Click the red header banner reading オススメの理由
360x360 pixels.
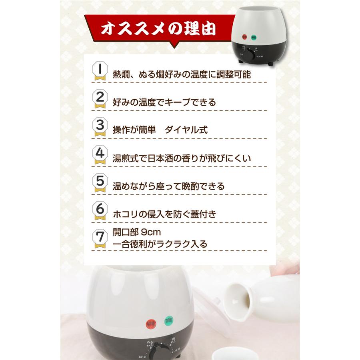(158, 29)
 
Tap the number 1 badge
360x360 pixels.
(100, 71)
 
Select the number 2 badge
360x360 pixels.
(100, 99)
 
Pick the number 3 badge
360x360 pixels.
(100, 127)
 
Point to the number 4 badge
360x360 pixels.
(100, 155)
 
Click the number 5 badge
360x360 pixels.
(100, 183)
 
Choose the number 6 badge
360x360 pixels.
(100, 211)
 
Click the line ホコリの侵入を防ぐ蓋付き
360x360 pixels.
(165, 214)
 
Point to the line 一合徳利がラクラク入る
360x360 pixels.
(160, 244)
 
